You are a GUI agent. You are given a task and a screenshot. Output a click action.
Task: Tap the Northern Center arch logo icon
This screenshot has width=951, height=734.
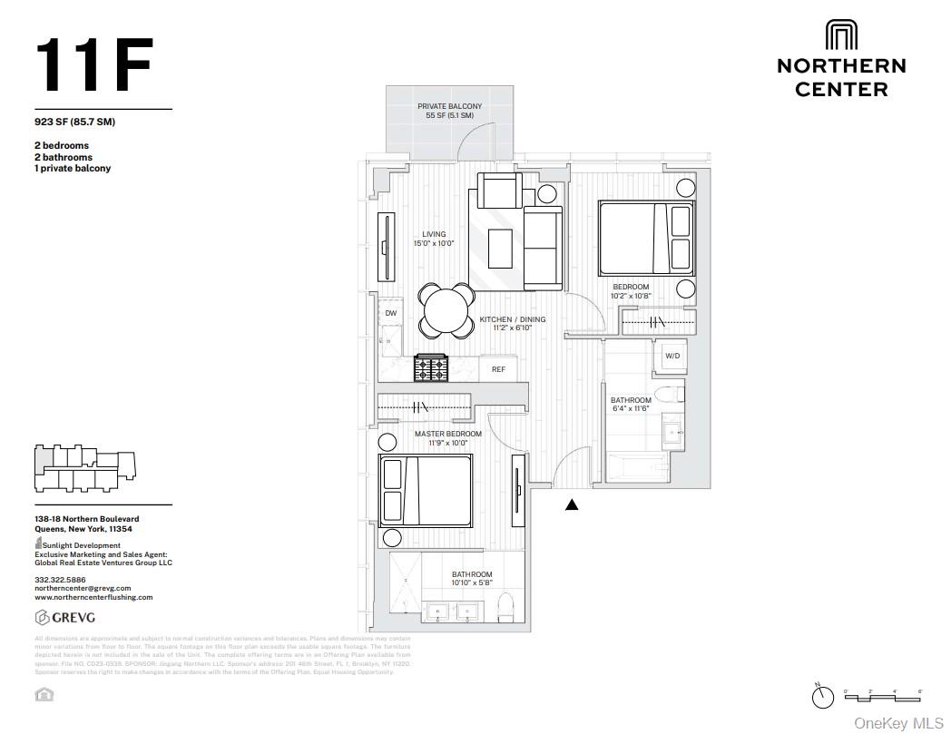click(x=841, y=35)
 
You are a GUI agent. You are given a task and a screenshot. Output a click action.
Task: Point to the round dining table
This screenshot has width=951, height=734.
click(x=446, y=310)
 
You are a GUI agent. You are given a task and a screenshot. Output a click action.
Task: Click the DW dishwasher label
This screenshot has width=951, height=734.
click(x=391, y=313)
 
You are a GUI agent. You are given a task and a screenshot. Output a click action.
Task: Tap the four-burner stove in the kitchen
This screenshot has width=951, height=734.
click(x=431, y=367)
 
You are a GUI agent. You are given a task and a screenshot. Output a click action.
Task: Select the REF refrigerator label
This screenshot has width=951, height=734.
click(x=498, y=369)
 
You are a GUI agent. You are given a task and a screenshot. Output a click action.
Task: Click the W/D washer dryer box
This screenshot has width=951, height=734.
click(x=672, y=356)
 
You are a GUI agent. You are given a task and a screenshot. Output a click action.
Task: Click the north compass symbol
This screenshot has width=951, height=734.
click(x=822, y=696)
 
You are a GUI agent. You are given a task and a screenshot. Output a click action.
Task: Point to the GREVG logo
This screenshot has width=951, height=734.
click(x=67, y=618)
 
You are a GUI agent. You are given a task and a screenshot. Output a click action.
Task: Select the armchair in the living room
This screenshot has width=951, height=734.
click(x=499, y=191)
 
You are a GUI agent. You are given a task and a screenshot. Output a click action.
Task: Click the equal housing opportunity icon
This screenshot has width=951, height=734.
click(x=44, y=695)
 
